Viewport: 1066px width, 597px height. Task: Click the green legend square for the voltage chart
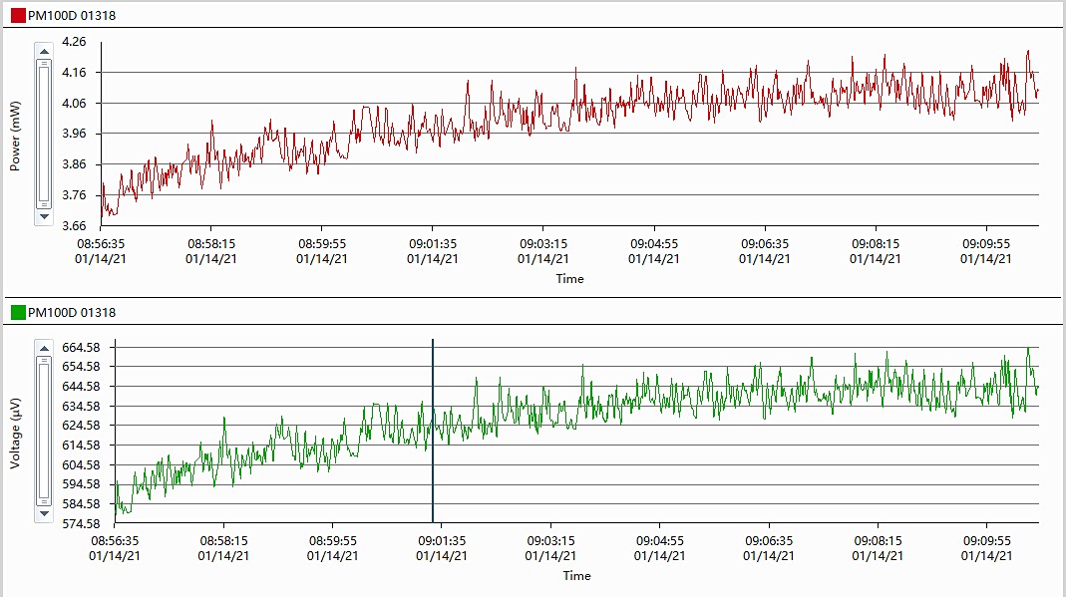(18, 312)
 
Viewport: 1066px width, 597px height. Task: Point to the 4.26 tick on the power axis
(74, 42)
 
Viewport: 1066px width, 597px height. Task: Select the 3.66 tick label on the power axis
(74, 225)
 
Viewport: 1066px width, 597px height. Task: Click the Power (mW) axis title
(15, 135)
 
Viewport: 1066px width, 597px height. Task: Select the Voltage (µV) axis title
(15, 434)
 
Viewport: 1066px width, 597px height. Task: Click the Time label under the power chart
(569, 279)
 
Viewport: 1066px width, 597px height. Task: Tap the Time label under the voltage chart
(576, 576)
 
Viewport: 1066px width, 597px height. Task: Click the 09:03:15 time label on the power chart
(543, 243)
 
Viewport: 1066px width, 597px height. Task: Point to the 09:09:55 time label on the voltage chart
(986, 540)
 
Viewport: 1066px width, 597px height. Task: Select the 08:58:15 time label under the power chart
(211, 243)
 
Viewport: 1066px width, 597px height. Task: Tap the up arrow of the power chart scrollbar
(43, 50)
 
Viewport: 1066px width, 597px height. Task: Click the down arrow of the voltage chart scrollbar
(43, 514)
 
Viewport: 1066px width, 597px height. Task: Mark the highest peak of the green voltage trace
(1028, 349)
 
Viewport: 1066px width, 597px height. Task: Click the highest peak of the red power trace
(1027, 52)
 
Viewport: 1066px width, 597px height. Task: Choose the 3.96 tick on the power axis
(74, 134)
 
